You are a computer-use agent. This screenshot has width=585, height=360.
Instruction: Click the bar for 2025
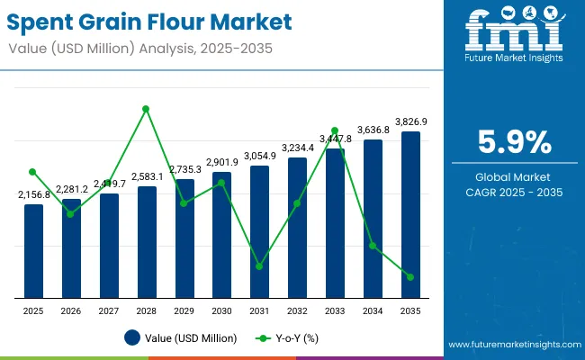click(x=33, y=250)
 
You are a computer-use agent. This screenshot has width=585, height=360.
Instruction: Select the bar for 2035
click(x=410, y=214)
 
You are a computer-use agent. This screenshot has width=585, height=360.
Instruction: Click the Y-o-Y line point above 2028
click(x=146, y=109)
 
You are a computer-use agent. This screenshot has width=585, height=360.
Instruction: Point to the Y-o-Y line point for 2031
click(x=259, y=266)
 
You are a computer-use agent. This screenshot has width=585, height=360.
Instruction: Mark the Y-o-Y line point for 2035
click(x=410, y=277)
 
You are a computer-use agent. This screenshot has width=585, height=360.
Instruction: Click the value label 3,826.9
click(x=410, y=121)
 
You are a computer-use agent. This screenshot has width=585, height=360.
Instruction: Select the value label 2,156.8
click(x=34, y=194)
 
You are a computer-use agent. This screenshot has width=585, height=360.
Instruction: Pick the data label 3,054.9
click(x=259, y=156)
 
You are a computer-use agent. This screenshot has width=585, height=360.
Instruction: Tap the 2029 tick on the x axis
click(x=184, y=310)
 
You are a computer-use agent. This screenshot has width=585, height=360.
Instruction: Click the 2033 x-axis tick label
click(x=335, y=310)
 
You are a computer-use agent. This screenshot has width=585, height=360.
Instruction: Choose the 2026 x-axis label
click(x=71, y=310)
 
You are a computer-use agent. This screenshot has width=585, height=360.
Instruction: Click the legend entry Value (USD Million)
click(x=181, y=338)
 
